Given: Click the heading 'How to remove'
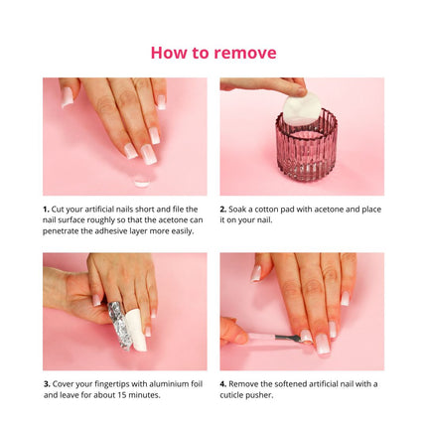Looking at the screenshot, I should [x=213, y=53].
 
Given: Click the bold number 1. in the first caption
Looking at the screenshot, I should [x=46, y=210].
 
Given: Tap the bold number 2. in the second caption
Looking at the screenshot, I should [x=223, y=210].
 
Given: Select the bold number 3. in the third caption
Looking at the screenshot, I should [x=46, y=383].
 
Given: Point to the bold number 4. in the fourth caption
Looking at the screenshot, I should [x=223, y=383].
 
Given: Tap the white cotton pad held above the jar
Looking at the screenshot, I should [x=302, y=107].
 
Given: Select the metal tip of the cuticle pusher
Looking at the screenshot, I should [x=287, y=340].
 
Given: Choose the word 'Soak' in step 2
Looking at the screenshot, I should [x=240, y=210].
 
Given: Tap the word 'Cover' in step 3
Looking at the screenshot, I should [x=63, y=383].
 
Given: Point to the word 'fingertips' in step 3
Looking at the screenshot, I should [x=108, y=383].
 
